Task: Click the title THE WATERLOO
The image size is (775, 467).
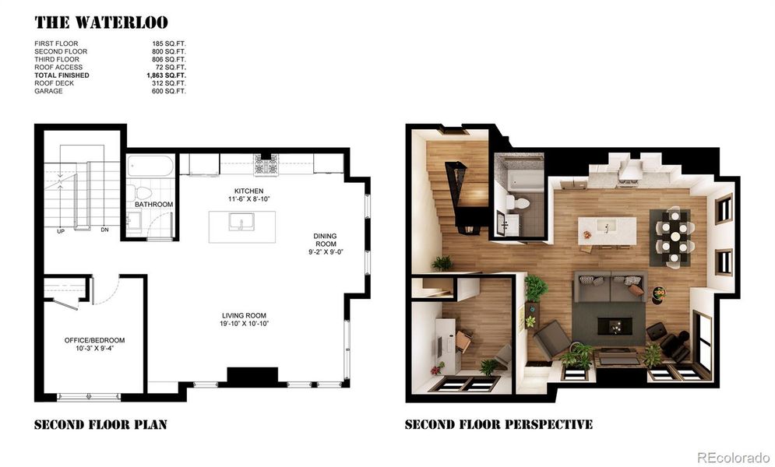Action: click(100, 22)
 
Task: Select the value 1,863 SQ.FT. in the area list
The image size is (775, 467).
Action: click(166, 75)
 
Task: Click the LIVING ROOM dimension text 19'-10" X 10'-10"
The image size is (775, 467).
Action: click(245, 323)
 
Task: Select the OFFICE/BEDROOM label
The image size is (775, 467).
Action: click(94, 344)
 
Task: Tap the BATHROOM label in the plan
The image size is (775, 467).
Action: click(153, 205)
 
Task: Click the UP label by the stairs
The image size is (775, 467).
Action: click(61, 231)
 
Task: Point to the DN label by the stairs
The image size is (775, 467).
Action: click(104, 230)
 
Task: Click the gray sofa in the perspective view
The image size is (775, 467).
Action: click(610, 286)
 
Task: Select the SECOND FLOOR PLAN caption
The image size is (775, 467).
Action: click(100, 425)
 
